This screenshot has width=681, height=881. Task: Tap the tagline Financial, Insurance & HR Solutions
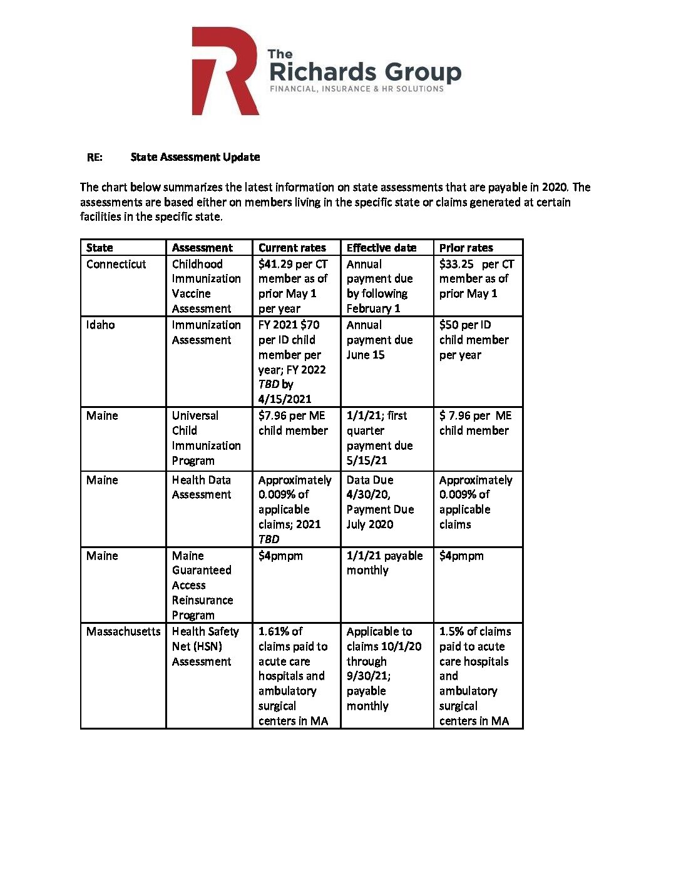(x=357, y=89)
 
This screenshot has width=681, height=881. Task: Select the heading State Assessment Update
(x=195, y=157)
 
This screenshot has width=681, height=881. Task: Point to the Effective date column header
(x=381, y=248)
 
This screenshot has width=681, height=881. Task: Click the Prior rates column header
(x=466, y=248)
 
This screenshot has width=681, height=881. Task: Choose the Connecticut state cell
(x=116, y=264)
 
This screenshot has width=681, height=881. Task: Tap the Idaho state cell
(x=101, y=325)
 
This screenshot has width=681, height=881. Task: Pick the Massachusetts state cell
(x=123, y=631)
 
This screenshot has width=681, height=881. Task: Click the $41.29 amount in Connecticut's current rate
(x=276, y=264)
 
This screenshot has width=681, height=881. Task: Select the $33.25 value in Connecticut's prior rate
(x=456, y=264)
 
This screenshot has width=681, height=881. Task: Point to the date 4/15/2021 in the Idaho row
(x=285, y=399)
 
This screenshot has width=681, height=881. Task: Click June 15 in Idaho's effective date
(x=366, y=355)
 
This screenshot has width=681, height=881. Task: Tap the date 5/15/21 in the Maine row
(x=367, y=461)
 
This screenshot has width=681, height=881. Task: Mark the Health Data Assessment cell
(x=202, y=487)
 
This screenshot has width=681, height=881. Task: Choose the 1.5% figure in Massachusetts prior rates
(x=451, y=631)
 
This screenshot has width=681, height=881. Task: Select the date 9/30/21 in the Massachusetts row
(x=367, y=676)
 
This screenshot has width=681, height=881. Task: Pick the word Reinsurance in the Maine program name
(x=202, y=600)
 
